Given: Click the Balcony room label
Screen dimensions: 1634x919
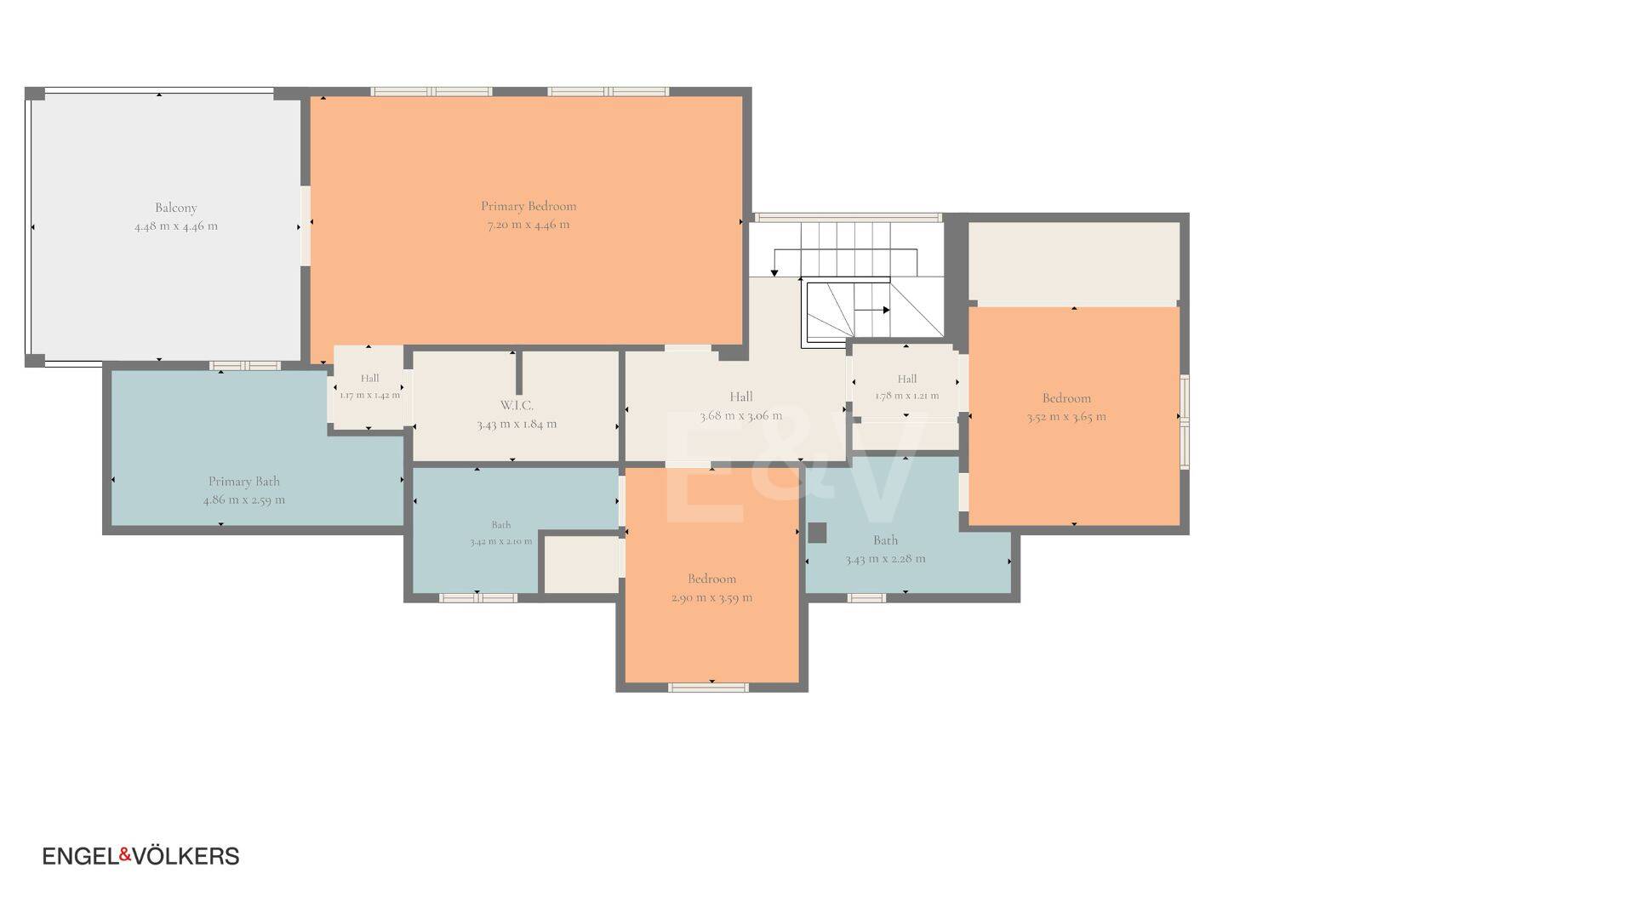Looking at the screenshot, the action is coord(176,208).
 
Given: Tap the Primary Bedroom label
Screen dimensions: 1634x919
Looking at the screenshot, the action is coord(528,206).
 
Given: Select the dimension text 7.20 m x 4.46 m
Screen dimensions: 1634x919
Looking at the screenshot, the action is coord(528,225).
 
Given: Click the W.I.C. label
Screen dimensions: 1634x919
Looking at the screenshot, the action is coord(517,405).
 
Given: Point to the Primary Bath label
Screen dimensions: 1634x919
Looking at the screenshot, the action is coord(244,482).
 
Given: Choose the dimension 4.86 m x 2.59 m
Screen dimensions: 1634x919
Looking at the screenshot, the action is coord(244,500).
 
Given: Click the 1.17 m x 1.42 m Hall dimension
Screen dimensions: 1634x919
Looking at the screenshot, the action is coord(369,395).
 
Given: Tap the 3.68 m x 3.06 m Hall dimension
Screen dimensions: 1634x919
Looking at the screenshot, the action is coord(741,416).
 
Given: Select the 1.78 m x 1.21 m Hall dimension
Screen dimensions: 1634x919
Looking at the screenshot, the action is coord(907,396).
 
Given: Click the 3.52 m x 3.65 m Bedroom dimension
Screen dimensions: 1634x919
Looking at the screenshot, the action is coord(1066,417).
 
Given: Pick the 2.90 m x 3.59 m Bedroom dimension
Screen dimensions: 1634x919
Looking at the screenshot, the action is coord(711,597).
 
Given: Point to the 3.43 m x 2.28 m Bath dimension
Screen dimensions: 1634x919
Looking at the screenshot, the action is coord(885,559).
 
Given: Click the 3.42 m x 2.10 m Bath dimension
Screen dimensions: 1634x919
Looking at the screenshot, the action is coord(500,541).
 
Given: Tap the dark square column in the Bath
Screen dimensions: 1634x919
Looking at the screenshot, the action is coord(817,533).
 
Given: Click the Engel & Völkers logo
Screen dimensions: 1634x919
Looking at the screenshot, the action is coord(141,856).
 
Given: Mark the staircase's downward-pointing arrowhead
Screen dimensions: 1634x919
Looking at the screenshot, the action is coord(774,272).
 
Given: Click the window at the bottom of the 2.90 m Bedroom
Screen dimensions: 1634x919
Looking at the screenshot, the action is coord(708,687).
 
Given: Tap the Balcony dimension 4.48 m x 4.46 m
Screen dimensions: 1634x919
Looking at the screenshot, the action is coord(176,226).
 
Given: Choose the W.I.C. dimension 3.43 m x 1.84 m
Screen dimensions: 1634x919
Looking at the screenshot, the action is coord(517,424).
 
